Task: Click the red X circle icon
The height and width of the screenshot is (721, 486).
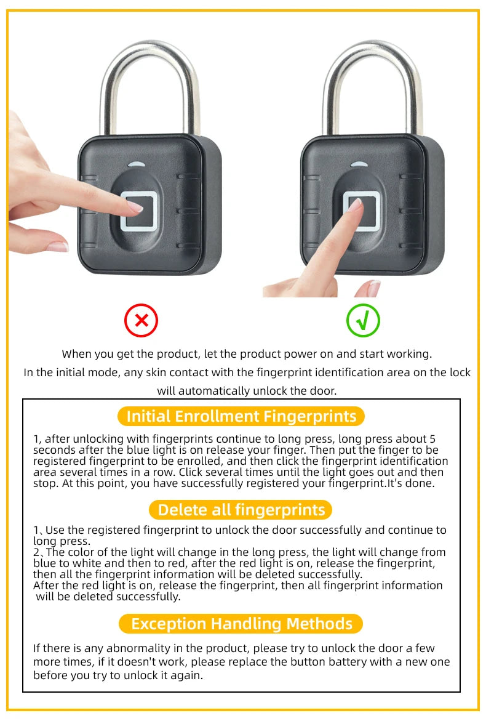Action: click(141, 320)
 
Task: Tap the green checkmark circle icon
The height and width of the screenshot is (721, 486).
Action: click(363, 320)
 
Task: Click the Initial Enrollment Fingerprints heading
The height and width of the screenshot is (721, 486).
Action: click(241, 416)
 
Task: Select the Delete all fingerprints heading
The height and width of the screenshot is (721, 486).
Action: click(241, 510)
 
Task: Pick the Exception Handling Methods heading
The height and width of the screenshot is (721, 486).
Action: click(241, 624)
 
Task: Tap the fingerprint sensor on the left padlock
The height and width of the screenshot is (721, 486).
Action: click(141, 211)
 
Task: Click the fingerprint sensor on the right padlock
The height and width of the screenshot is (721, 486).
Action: click(362, 211)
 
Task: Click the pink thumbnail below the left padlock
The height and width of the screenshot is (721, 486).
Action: click(58, 246)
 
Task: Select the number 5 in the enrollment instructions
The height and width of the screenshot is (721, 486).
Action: click(432, 439)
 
